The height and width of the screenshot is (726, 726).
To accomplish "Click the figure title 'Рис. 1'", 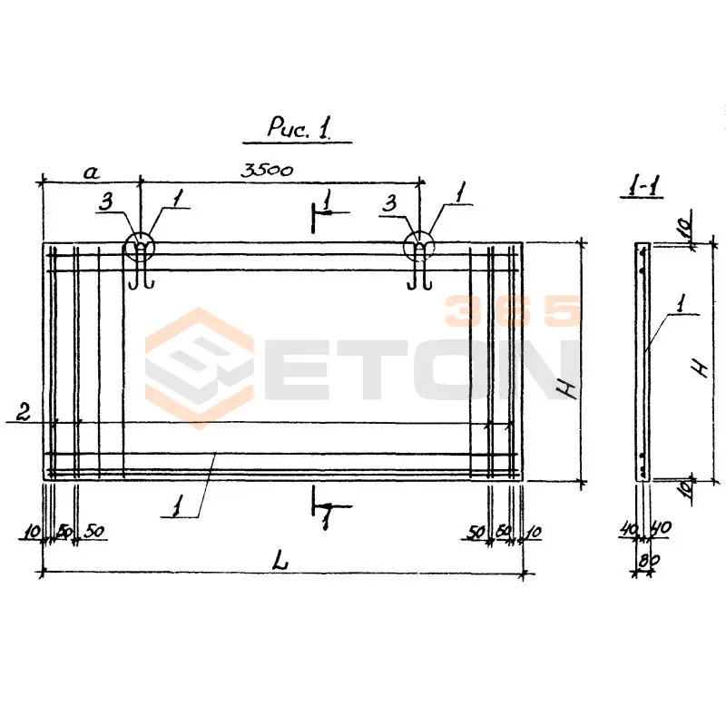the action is coord(299,127).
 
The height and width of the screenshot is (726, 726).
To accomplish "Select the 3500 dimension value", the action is coord(267,170).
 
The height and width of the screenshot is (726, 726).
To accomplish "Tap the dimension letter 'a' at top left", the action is coord(92,172).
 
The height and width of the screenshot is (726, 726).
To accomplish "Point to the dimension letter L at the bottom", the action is coord(280,560).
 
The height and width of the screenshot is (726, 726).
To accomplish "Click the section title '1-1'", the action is coord(643,185).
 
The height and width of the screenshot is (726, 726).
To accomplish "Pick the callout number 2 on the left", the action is coord(24,412).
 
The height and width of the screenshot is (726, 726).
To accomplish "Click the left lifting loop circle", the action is coord(140,245).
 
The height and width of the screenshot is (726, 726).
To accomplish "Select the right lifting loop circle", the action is coord(419,245).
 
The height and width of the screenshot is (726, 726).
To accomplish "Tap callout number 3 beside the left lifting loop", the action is coord(106,201).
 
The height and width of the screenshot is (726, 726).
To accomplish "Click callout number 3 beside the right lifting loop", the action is coord(390,202).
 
